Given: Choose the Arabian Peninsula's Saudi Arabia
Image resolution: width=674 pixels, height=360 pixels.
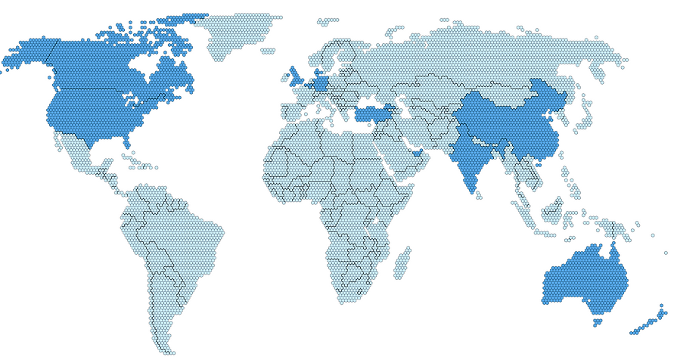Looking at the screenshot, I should [x=397, y=155].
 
